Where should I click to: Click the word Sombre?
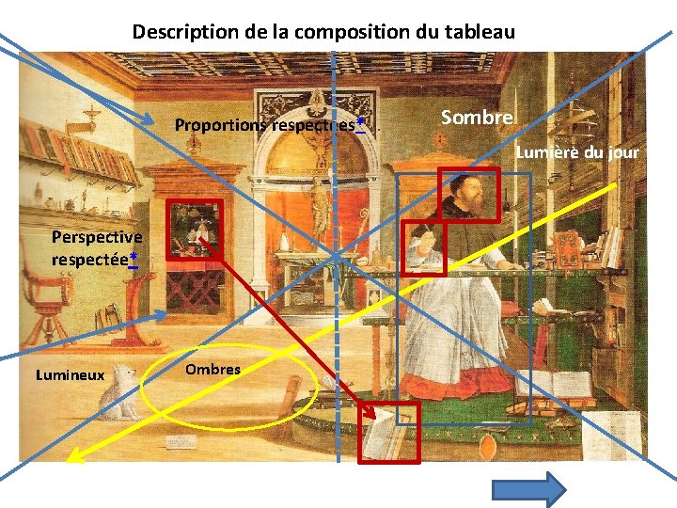point(477,118)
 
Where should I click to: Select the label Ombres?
point(213,370)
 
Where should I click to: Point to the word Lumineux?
point(70,375)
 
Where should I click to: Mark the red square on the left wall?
point(194,229)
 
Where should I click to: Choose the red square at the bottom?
point(389,432)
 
